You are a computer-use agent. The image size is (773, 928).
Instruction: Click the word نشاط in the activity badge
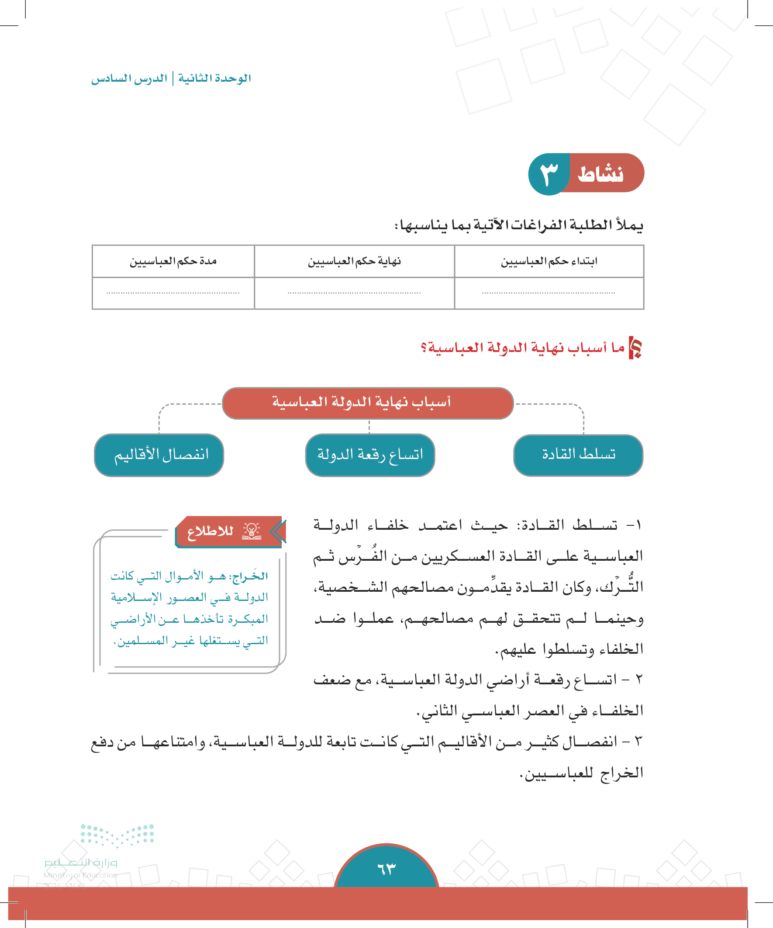click(x=600, y=174)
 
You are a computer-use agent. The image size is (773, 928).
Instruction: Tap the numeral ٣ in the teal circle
click(x=549, y=174)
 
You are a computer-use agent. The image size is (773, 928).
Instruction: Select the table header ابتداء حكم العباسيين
click(x=549, y=262)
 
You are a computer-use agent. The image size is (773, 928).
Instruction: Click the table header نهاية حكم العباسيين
click(x=355, y=262)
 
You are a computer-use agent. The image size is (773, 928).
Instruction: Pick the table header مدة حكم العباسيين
click(x=173, y=262)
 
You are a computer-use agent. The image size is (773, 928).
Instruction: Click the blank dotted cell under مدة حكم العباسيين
click(x=173, y=293)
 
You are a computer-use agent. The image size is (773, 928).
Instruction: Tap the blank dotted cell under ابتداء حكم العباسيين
click(x=549, y=293)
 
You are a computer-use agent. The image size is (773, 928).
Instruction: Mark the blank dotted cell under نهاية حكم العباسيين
click(x=355, y=293)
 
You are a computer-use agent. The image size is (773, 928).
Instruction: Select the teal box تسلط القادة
click(x=578, y=455)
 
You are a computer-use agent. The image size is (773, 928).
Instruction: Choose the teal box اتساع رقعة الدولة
click(x=370, y=455)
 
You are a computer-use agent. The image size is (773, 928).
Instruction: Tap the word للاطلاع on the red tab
click(x=211, y=531)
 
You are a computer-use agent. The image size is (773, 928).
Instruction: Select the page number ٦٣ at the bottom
click(x=386, y=869)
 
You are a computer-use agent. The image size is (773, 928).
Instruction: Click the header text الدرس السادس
click(x=130, y=79)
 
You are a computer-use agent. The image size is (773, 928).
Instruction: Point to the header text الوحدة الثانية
click(x=214, y=79)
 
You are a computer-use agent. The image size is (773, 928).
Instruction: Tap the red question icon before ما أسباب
click(x=635, y=348)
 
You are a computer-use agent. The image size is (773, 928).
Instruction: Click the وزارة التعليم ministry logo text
click(x=81, y=862)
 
